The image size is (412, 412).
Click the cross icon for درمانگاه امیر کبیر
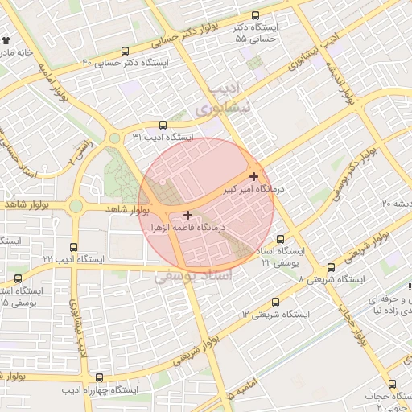254,176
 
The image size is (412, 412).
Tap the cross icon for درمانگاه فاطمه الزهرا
187,215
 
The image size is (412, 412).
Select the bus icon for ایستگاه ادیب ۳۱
163,125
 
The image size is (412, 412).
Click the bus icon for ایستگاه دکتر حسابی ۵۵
256,15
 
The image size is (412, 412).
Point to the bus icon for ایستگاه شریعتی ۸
331,268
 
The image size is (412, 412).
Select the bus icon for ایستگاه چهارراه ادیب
99,377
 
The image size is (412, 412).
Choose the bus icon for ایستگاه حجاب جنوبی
392,384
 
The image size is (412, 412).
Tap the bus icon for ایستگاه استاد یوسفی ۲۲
280,239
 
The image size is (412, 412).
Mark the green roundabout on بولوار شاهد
76,207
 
